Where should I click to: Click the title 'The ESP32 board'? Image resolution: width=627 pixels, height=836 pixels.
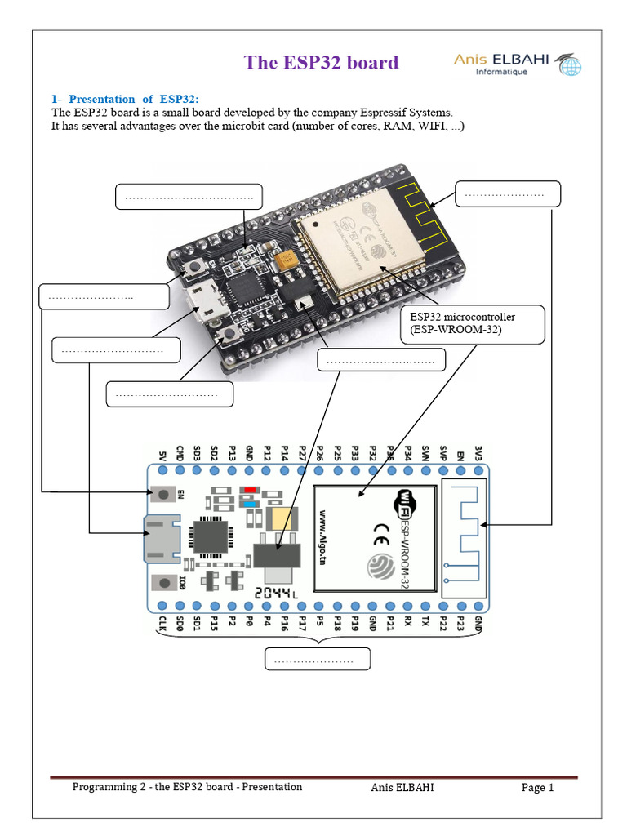tap(322, 63)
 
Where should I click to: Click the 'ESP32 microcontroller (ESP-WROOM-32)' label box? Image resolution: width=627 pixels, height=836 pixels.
tap(472, 324)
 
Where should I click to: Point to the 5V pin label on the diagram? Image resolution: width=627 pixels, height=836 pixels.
tap(162, 454)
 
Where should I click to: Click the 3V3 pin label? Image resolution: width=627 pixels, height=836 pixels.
tap(478, 454)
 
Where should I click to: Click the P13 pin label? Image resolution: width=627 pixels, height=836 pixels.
tap(233, 453)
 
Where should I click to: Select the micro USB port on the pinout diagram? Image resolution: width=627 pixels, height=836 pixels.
tap(158, 539)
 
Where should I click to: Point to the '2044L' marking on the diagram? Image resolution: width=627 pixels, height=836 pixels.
tap(278, 594)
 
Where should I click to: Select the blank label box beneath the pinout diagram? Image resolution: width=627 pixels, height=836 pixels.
tap(318, 659)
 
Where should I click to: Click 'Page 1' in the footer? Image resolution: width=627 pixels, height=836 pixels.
tap(538, 788)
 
